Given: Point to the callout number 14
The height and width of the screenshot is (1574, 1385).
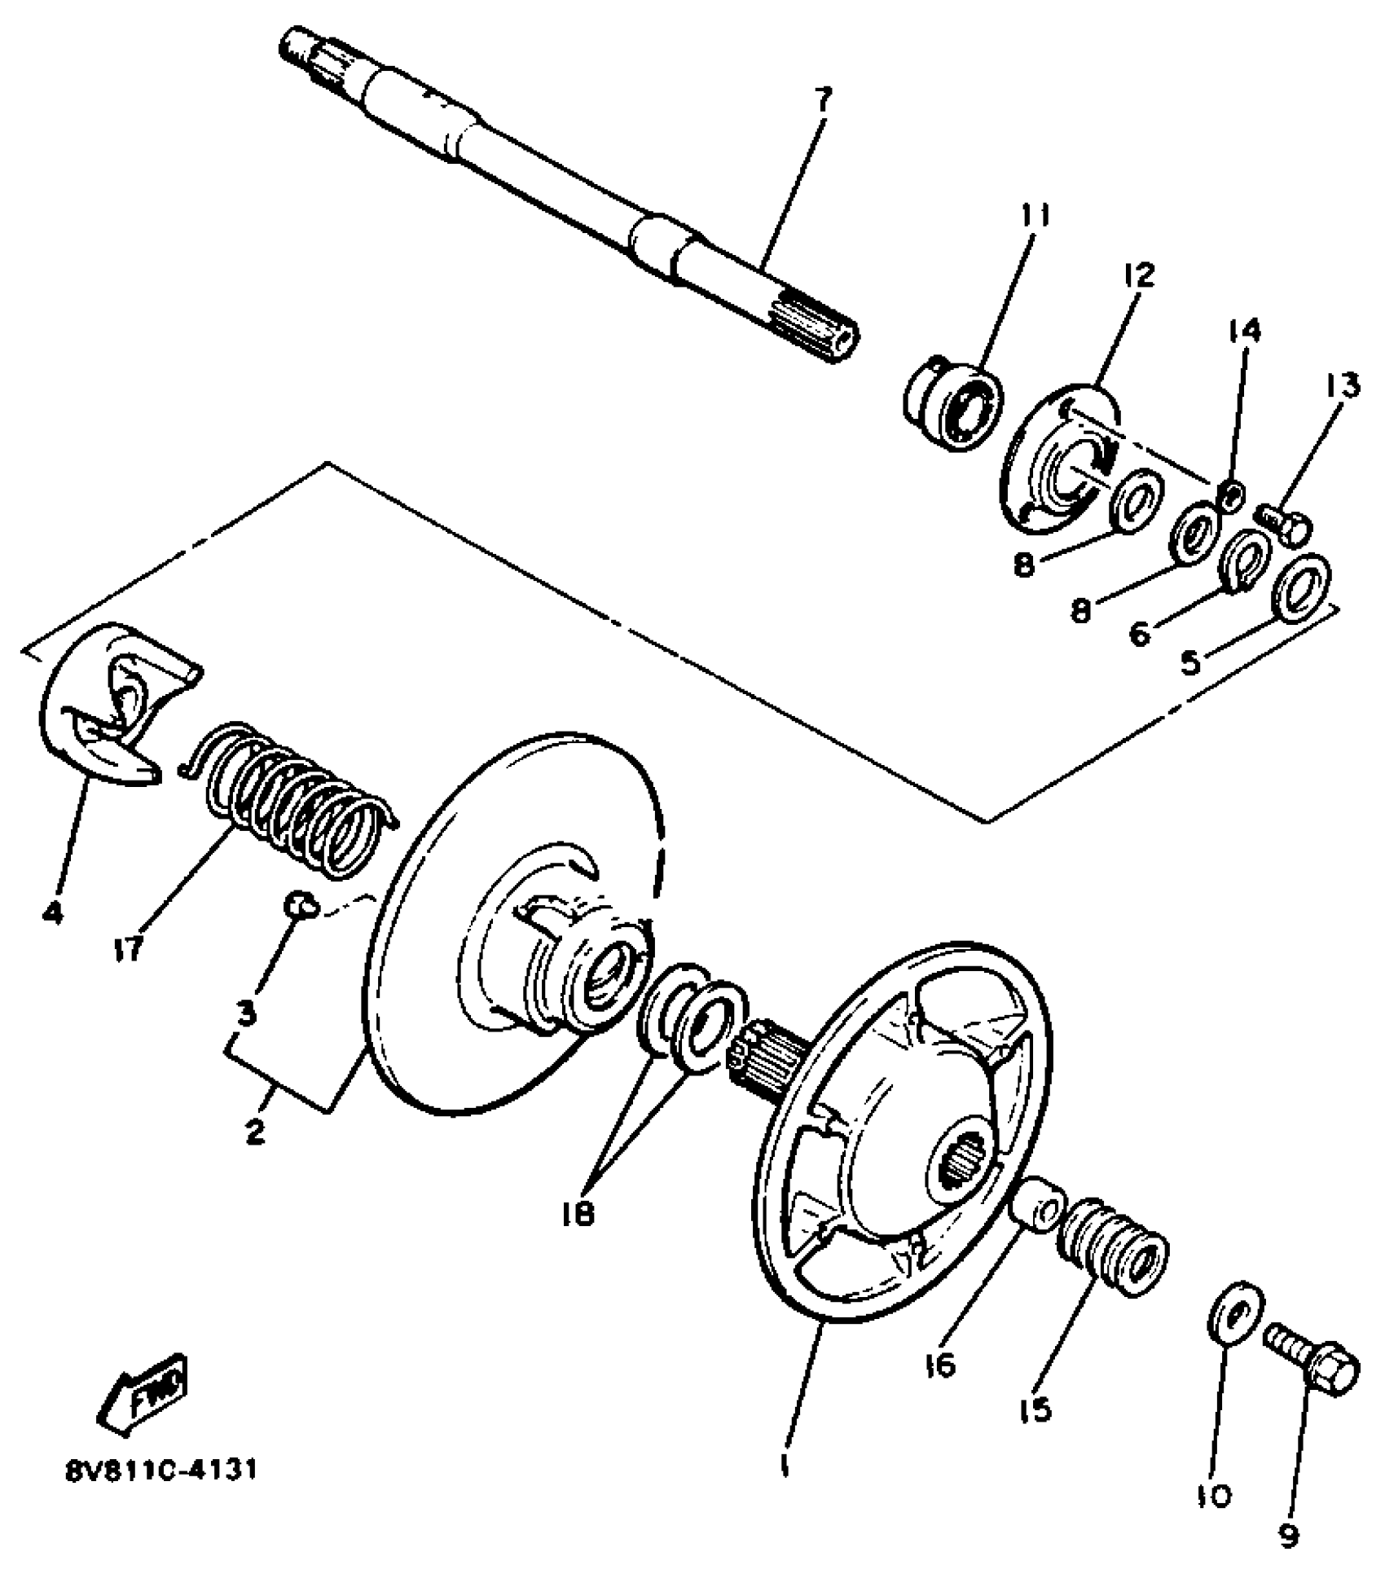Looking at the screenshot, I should click(x=1245, y=330).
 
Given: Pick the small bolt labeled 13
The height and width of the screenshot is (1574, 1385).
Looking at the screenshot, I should click(x=1285, y=521).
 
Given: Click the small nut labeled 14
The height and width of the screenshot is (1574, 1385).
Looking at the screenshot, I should click(x=1232, y=494).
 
